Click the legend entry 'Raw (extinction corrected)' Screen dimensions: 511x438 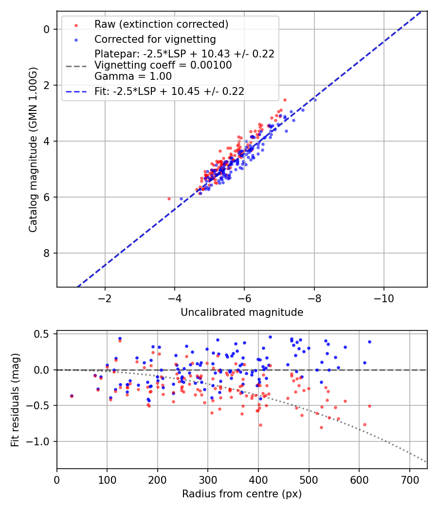[161, 24]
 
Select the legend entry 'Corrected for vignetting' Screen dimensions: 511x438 [155, 39]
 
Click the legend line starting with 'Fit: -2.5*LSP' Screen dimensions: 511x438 [169, 91]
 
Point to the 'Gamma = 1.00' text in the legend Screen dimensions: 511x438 [133, 76]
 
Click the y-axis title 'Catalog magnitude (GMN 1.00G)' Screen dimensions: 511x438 [33, 148]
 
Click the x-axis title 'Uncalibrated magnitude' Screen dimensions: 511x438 [242, 312]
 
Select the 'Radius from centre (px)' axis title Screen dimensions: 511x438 [242, 494]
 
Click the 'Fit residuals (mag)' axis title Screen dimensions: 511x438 [16, 399]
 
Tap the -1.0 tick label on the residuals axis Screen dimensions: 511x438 [40, 441]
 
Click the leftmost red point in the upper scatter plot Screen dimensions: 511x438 [169, 199]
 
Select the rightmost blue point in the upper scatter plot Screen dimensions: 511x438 [314, 100]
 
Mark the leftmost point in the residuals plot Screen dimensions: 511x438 [72, 396]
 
